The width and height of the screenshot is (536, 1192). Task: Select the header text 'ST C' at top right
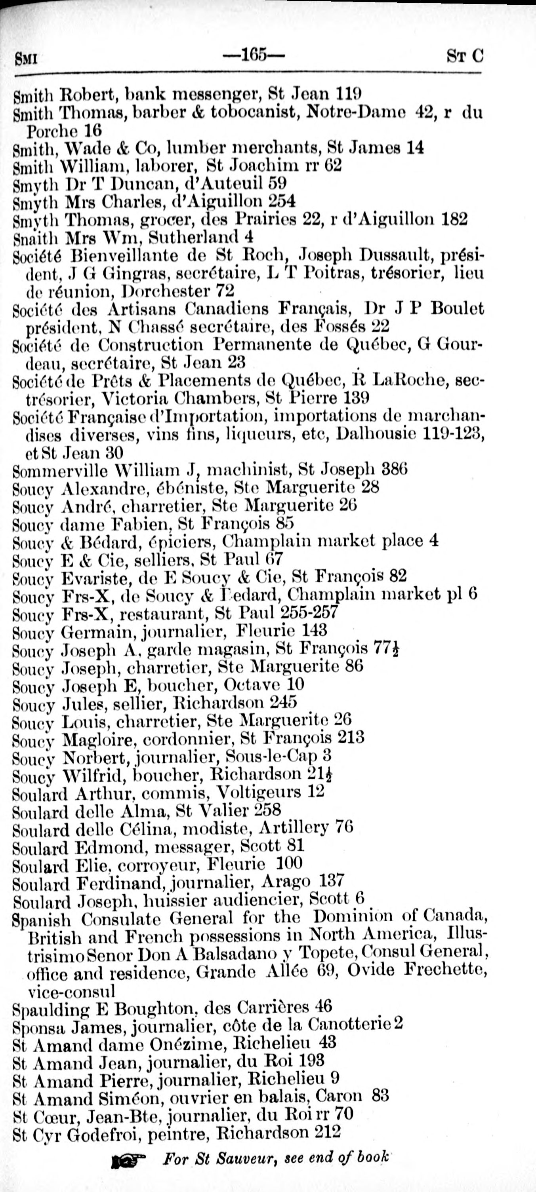pos(464,57)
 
